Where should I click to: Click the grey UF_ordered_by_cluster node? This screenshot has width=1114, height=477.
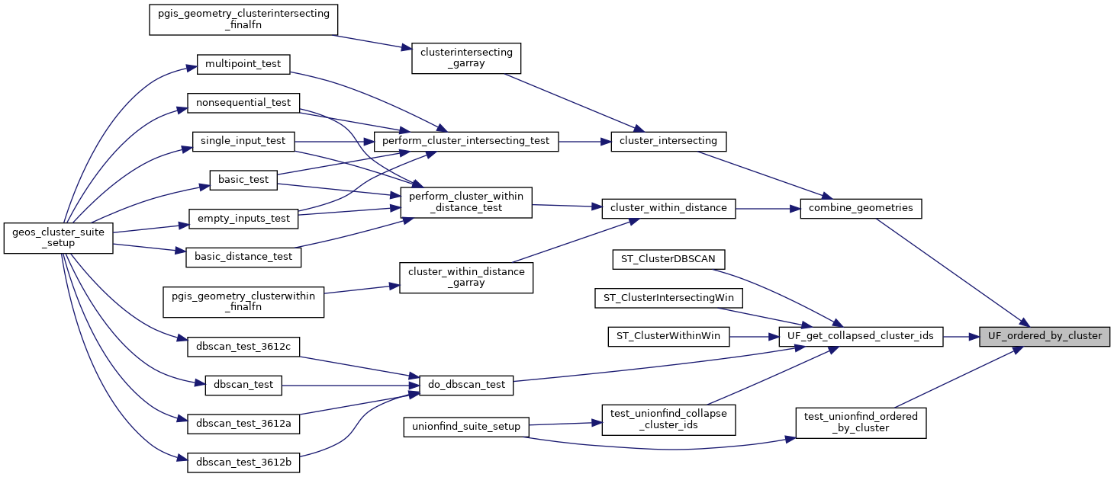coord(1045,336)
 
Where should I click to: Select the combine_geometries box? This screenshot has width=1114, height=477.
coord(861,208)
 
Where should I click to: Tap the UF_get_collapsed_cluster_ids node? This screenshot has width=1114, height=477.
coord(861,336)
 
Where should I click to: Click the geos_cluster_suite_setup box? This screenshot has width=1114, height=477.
coord(59,238)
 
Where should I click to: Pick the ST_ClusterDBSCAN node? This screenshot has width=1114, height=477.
coord(668,259)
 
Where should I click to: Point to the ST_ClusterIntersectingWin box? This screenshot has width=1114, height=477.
coord(668,298)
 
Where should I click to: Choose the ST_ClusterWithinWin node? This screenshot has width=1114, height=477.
coord(668,336)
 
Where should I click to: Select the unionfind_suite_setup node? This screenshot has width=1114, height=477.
coord(465,427)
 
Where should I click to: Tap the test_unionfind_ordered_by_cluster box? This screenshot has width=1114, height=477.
coord(861,422)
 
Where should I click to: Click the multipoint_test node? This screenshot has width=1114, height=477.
coord(243,63)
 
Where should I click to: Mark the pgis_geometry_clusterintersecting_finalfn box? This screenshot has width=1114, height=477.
coord(243,20)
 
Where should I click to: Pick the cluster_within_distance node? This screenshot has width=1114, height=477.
coord(668,208)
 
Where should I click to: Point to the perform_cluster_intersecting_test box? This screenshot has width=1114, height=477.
coord(466,141)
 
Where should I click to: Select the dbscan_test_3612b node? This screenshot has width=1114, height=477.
coord(243,463)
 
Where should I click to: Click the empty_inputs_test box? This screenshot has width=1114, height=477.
coord(243,219)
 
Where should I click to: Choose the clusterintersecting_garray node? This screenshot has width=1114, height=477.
coord(466,59)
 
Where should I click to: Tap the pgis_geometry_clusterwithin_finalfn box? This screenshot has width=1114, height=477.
coord(243,302)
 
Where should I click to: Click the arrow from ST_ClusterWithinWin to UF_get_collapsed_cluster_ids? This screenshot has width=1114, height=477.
coord(754,336)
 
